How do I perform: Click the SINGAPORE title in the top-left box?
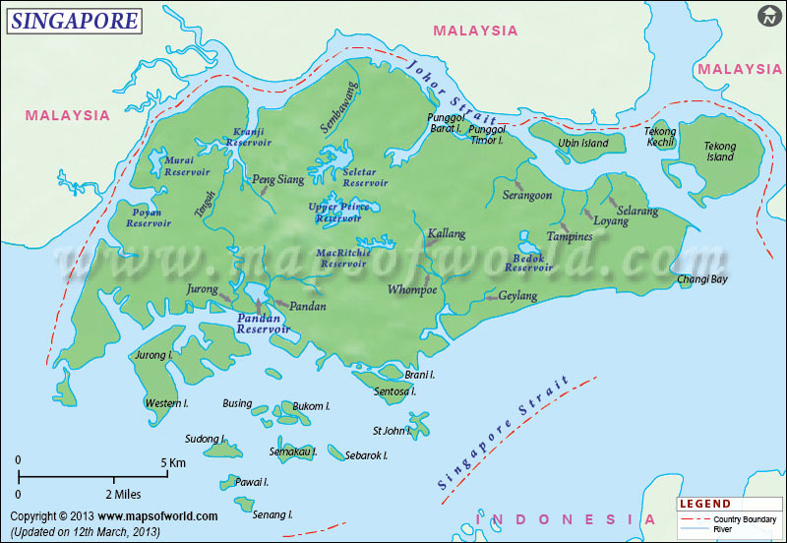[74, 20]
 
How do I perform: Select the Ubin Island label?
[583, 144]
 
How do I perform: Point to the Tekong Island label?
[719, 151]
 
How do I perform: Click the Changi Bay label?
[702, 280]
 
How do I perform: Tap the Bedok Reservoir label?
[528, 262]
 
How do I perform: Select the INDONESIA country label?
[565, 519]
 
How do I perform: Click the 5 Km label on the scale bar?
[172, 461]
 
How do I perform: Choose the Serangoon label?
[527, 196]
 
